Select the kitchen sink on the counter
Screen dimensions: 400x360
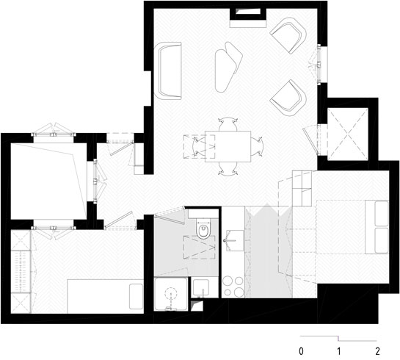(235, 240)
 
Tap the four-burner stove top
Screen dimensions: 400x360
(233, 287)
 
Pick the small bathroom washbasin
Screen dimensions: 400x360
(201, 287)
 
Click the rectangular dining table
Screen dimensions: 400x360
(228, 146)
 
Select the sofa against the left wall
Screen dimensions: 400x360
(169, 71)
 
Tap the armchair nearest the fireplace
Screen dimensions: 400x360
(288, 35)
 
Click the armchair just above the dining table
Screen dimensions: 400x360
(288, 98)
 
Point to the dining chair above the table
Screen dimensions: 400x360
(228, 124)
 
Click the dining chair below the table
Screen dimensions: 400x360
(228, 168)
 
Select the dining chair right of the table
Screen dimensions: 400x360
(257, 146)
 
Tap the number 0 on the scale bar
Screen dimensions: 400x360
(301, 351)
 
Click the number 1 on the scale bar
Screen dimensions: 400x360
(339, 351)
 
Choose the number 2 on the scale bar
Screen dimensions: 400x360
(377, 351)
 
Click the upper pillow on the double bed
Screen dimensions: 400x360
(382, 214)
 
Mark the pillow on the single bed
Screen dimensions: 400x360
(136, 296)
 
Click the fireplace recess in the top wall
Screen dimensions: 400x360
(248, 14)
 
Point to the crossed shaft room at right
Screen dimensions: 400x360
(348, 134)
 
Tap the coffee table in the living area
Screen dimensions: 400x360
(228, 67)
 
